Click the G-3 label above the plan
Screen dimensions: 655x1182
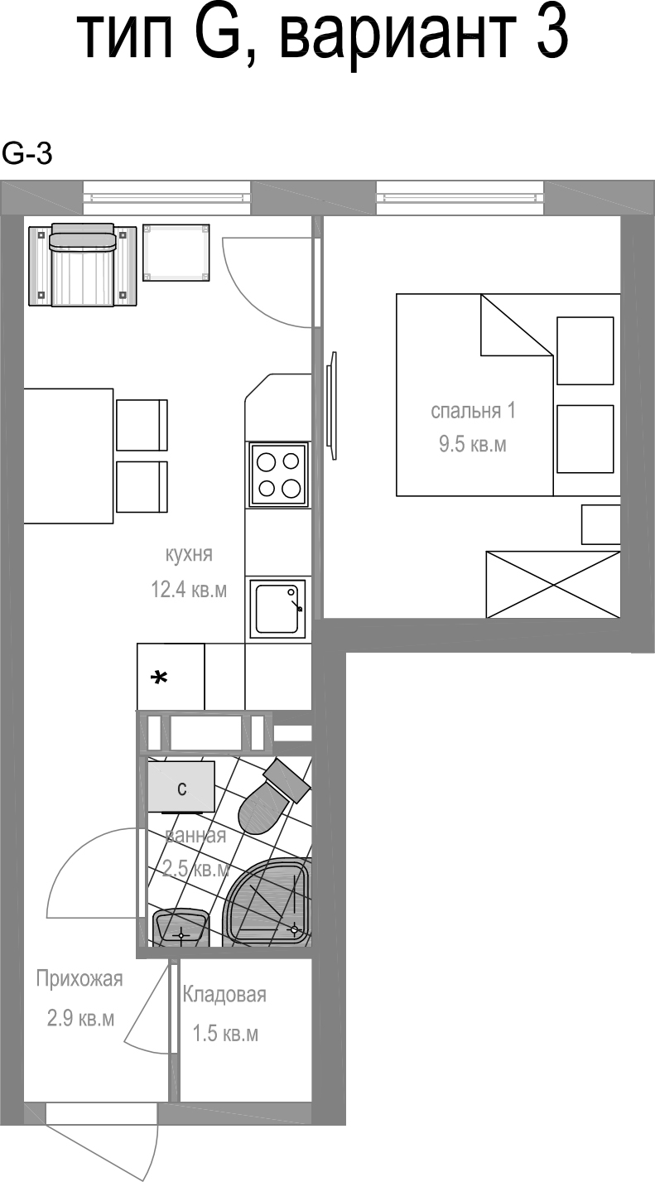26,154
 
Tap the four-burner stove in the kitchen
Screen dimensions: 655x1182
278,475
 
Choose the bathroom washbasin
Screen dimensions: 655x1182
181,927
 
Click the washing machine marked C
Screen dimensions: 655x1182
181,787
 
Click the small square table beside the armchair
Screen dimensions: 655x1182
176,253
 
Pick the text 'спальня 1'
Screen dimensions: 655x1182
473,411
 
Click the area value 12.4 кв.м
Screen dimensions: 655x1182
189,590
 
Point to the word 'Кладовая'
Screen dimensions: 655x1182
224,995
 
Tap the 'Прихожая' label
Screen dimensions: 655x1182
79,979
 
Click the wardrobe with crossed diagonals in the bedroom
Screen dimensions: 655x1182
552,584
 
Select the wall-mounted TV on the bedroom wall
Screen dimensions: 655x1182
332,406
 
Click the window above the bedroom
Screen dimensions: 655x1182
460,197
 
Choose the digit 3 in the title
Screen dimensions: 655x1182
552,36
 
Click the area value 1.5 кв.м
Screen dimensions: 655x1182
225,1033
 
